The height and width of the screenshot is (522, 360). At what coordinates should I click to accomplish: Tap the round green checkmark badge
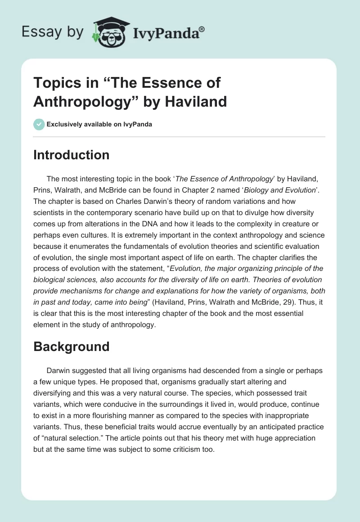pos(39,124)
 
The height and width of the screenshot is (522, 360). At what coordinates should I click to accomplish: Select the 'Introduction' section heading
pos(71,155)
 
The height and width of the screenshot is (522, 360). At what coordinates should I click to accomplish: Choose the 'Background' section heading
pos(71,346)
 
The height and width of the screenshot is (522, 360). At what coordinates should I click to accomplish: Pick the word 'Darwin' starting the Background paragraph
pos(58,370)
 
